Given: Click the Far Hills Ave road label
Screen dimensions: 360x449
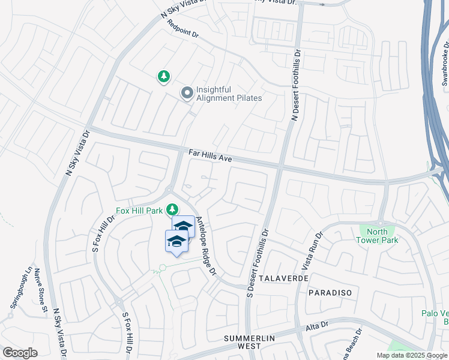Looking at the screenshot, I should pyautogui.click(x=210, y=157).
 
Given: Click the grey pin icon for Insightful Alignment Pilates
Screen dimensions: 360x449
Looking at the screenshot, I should pyautogui.click(x=187, y=93).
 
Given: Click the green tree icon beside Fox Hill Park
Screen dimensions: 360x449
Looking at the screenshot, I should pyautogui.click(x=172, y=209).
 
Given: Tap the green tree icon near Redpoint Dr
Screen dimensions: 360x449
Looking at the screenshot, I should pyautogui.click(x=163, y=76).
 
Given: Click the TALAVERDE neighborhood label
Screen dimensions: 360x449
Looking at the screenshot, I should pyautogui.click(x=285, y=279).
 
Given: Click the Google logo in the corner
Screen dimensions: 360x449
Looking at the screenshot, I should pyautogui.click(x=20, y=353).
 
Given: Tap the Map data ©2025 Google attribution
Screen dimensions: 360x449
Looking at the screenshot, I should pyautogui.click(x=412, y=355).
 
